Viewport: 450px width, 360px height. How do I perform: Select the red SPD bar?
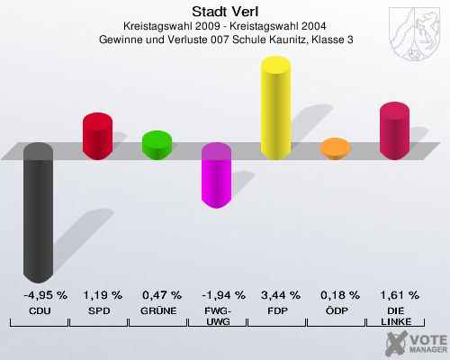tap(97, 136)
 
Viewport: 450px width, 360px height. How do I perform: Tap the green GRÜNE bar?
tap(157, 144)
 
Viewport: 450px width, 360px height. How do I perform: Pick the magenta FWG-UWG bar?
tap(216, 175)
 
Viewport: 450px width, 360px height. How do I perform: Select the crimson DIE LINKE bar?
tap(394, 131)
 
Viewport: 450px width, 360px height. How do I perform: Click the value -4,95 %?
tap(38, 294)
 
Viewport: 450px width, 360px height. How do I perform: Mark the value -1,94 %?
tap(216, 294)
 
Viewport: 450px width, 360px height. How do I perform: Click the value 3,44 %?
tap(276, 294)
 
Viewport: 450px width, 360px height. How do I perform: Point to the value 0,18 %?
tap(336, 294)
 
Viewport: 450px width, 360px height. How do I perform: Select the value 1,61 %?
tap(395, 294)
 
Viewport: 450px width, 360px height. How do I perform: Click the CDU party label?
tap(38, 310)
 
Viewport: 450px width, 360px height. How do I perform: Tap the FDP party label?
tap(276, 310)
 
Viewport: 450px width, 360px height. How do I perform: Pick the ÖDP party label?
tap(336, 310)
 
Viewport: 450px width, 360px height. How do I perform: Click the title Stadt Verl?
tap(225, 12)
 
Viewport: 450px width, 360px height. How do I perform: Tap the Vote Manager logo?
tap(414, 342)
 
